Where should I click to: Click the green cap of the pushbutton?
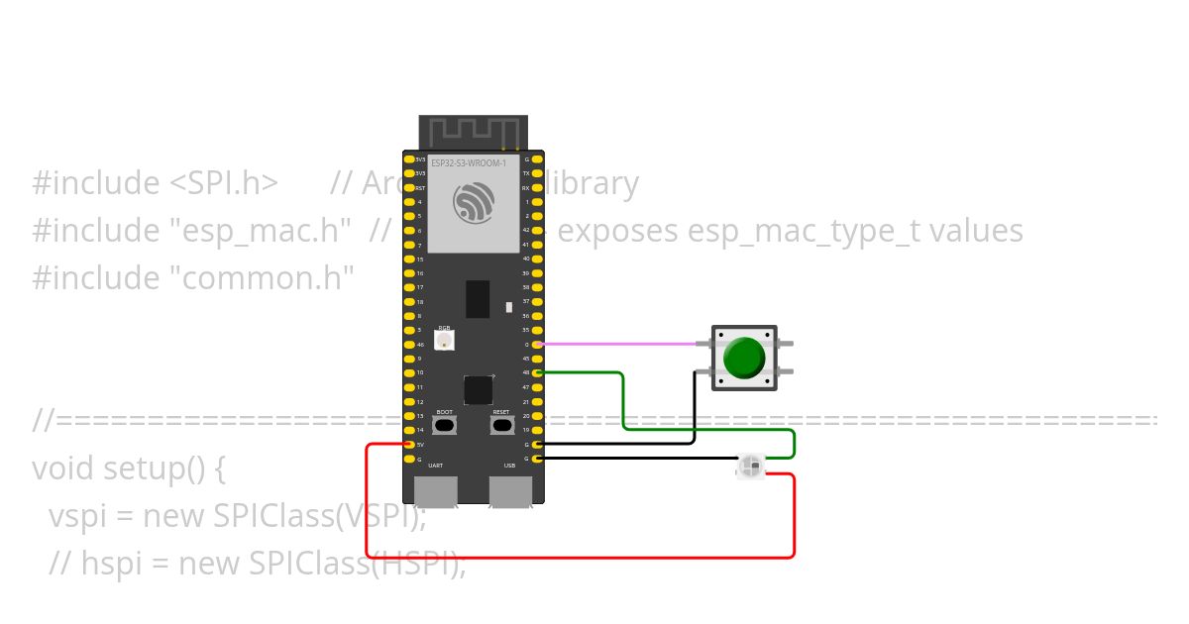[x=743, y=358]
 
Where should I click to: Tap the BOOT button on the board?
[x=445, y=425]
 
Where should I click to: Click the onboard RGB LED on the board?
[x=445, y=341]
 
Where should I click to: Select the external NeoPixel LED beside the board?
[x=751, y=466]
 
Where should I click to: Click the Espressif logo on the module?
[x=473, y=203]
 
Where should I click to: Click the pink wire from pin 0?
[x=614, y=344]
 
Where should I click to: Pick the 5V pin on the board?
[x=409, y=445]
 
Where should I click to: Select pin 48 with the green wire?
[x=537, y=372]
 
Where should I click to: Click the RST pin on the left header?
[x=409, y=187]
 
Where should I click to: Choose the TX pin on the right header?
[x=537, y=172]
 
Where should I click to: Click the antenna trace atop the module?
[x=473, y=131]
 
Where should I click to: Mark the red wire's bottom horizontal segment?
[x=580, y=558]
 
